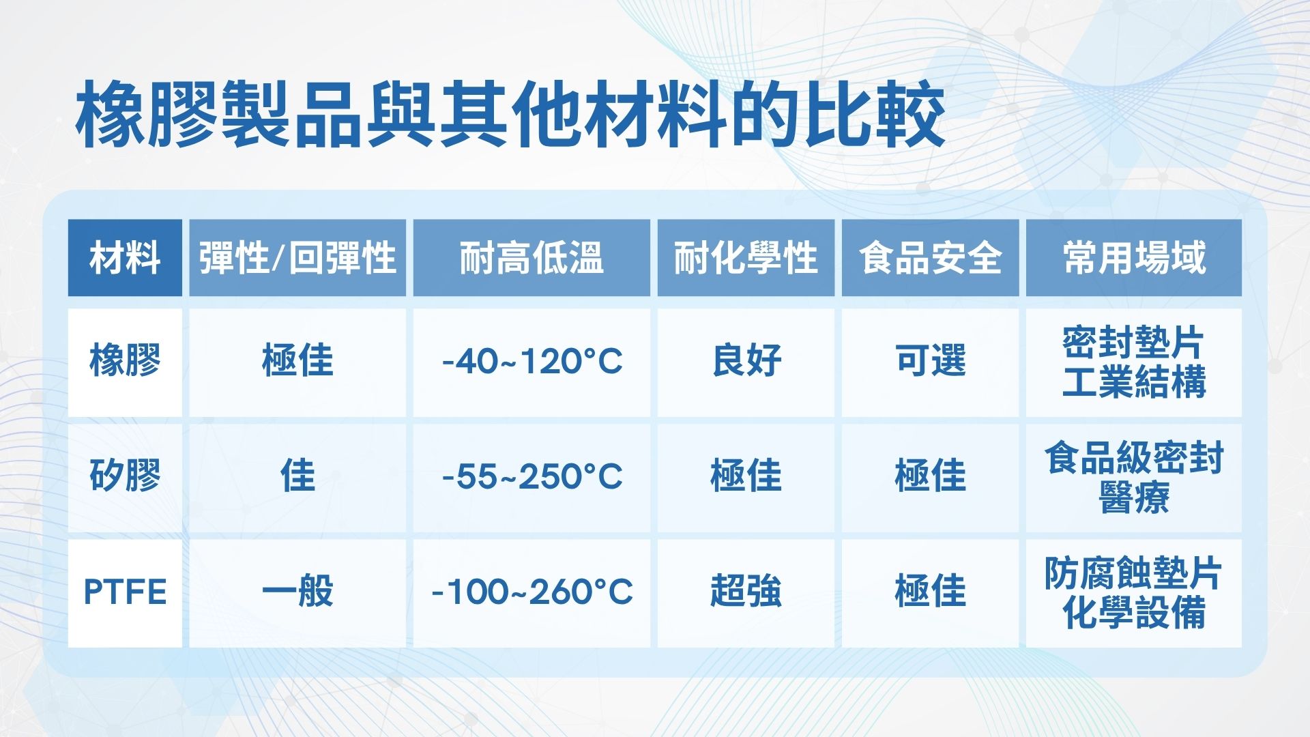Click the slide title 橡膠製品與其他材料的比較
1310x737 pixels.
pos(510,115)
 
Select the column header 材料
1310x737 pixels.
pos(125,258)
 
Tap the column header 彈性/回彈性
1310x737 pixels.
pos(297,258)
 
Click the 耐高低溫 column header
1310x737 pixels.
pos(532,258)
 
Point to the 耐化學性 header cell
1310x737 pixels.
pos(746,258)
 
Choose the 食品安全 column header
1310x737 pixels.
pos(930,258)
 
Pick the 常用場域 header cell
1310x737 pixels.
pos(1134,258)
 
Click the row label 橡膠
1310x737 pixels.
pos(125,361)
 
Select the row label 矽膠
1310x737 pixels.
pos(125,476)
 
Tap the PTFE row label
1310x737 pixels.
pos(125,592)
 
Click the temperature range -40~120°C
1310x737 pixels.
pos(532,361)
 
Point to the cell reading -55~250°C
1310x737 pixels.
pos(532,476)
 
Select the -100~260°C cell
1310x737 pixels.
pos(532,592)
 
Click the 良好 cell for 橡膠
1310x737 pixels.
pos(746,361)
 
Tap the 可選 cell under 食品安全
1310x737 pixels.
pos(930,361)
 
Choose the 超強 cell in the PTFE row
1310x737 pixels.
pos(746,592)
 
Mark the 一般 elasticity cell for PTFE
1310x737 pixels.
pos(297,592)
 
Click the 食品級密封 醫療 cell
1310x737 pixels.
pos(1134,476)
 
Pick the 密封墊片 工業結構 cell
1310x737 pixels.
pos(1134,361)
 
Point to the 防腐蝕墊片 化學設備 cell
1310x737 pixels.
pos(1134,592)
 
